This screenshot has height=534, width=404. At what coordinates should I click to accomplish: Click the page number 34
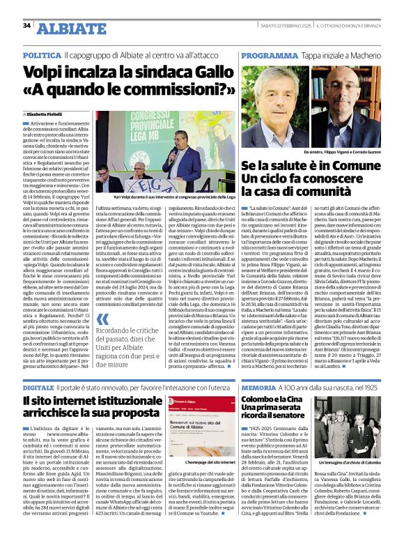click(26, 26)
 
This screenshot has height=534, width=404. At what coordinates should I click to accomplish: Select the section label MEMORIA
click(261, 386)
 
